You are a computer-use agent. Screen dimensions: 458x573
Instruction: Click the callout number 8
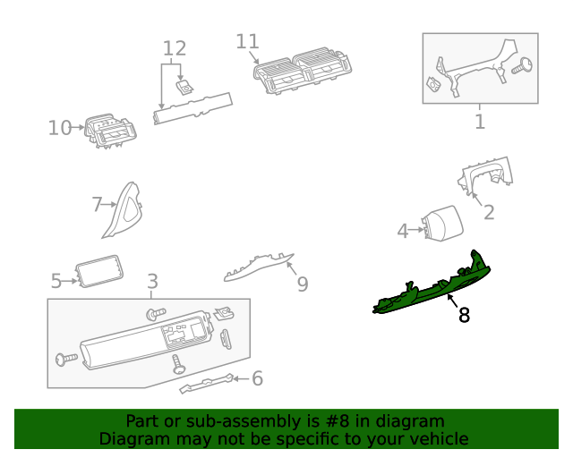tap(463, 315)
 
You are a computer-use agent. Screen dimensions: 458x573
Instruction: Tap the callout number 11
tap(247, 41)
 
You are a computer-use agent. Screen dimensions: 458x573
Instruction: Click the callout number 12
tap(174, 47)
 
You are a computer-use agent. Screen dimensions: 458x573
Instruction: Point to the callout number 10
tap(59, 128)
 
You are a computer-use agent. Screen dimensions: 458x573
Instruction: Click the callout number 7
tap(98, 205)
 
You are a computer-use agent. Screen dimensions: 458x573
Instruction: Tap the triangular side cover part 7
tap(124, 210)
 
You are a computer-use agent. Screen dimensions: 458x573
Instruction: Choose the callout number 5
tap(56, 282)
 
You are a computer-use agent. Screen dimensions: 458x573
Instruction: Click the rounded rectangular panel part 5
tap(99, 271)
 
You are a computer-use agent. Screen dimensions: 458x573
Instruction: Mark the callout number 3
tap(151, 282)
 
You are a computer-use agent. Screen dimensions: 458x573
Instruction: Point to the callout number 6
tap(257, 378)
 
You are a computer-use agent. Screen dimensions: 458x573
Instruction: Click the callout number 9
tap(302, 284)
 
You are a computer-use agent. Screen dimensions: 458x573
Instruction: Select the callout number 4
tap(403, 232)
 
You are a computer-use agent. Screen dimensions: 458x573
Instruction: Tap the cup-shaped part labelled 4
tap(440, 223)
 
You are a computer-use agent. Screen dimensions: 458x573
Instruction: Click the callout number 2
tap(489, 212)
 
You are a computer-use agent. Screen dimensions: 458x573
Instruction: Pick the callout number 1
tap(480, 121)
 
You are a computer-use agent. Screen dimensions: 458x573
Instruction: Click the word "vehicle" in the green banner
tap(436, 438)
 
